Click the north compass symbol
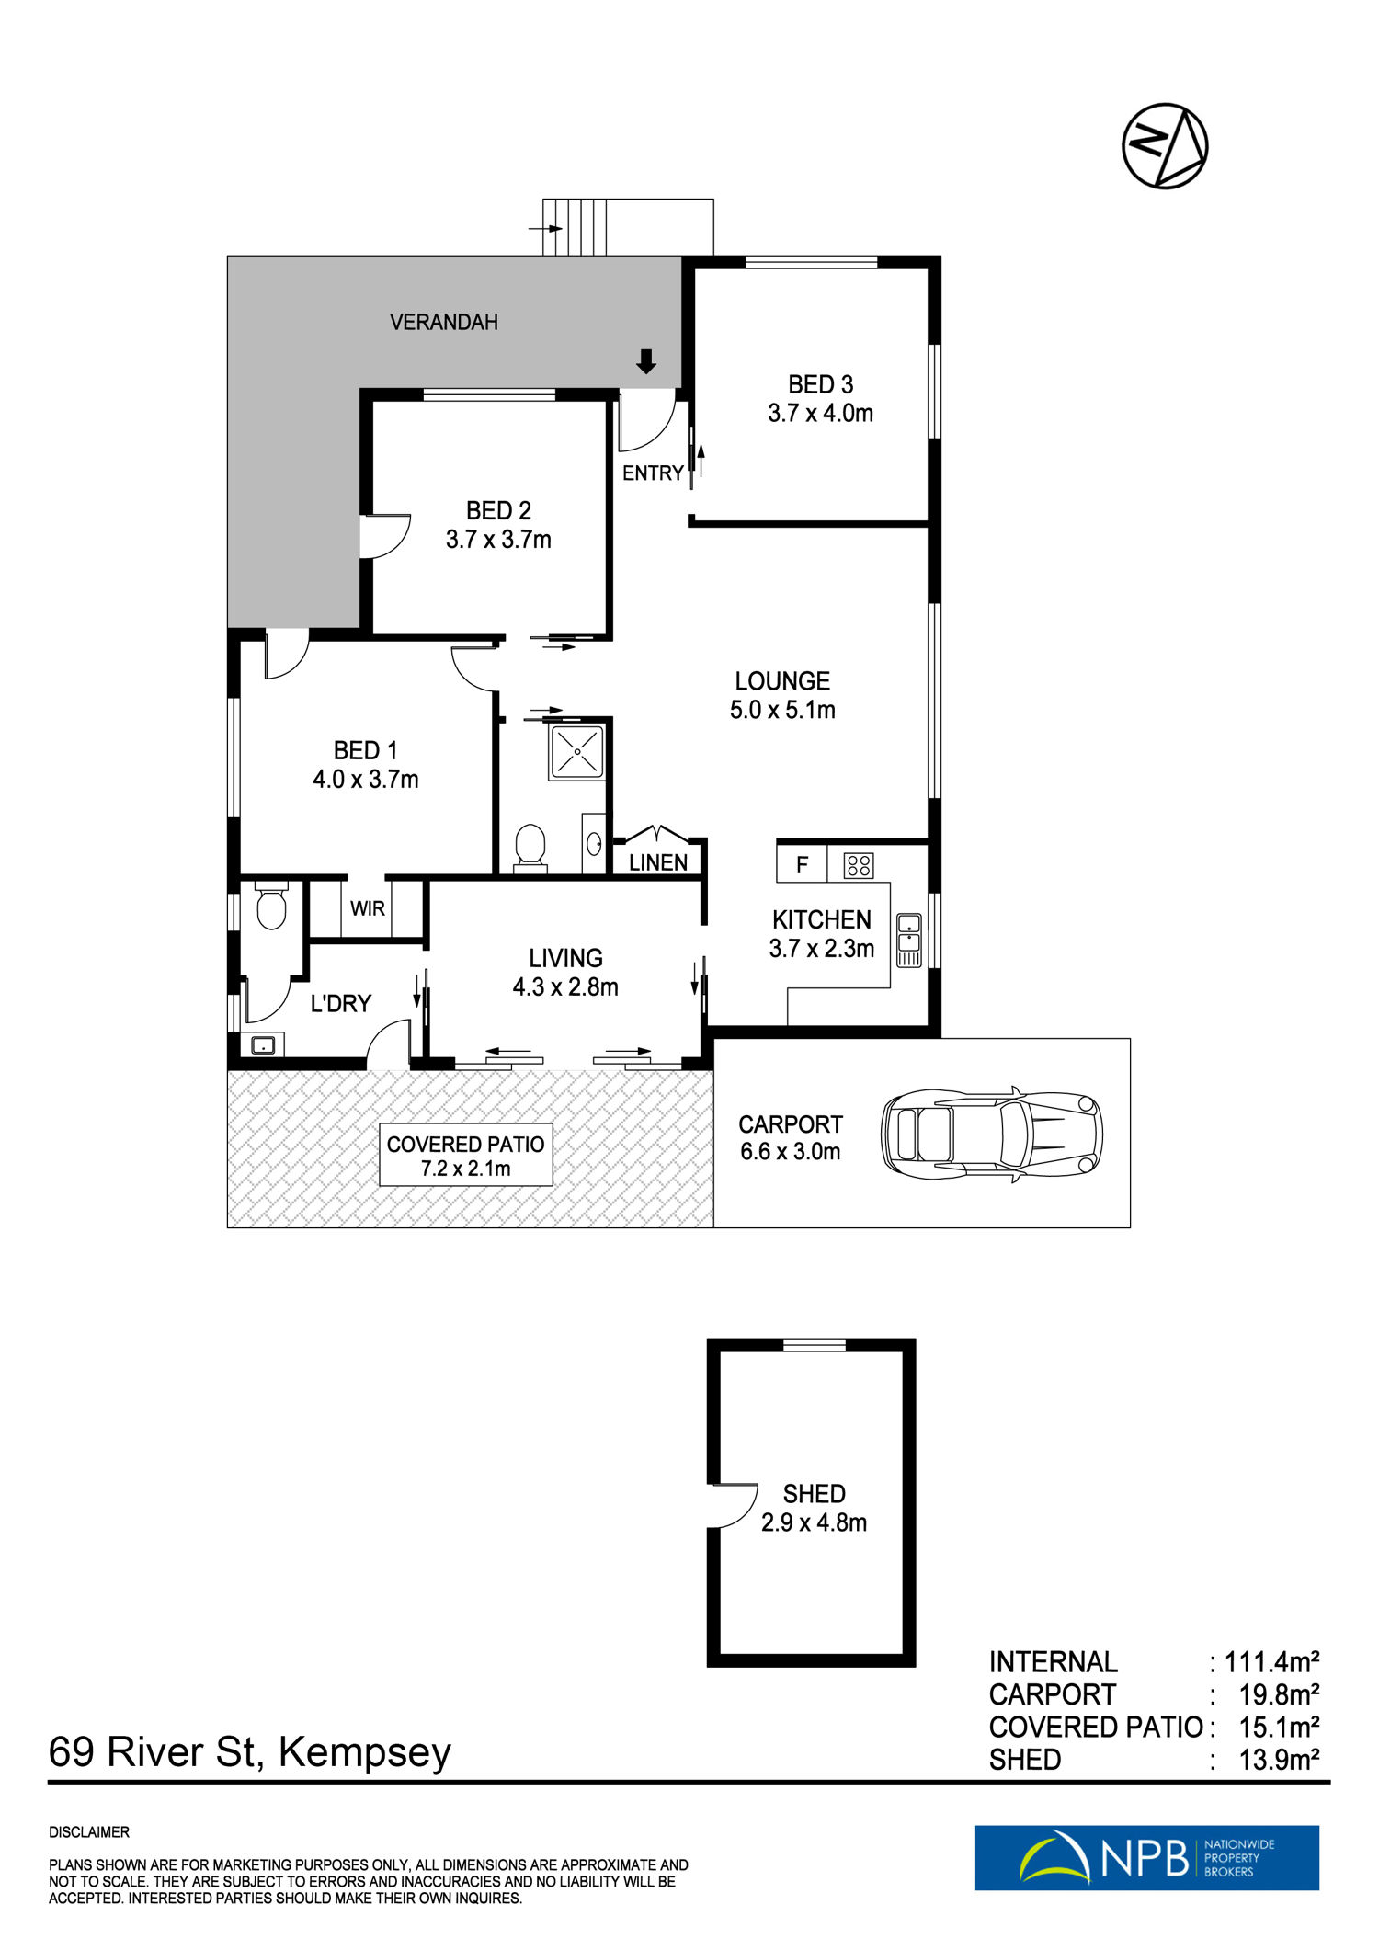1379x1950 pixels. coord(1165,146)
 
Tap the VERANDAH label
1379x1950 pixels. coord(444,323)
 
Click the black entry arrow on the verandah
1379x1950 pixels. coord(646,361)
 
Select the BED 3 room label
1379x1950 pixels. coord(821,384)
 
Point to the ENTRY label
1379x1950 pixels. coord(653,473)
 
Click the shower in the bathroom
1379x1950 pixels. coord(576,753)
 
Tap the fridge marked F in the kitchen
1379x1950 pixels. coord(802,864)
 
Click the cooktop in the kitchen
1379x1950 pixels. coord(859,865)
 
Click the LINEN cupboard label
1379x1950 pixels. coord(658,862)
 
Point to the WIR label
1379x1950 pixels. coord(368,908)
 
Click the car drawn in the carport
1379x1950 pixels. coord(992,1134)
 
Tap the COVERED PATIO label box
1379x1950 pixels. coord(466,1156)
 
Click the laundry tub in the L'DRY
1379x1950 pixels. coord(263,1045)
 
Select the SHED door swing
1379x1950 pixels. coord(735,1505)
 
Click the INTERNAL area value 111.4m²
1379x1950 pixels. coord(1272,1662)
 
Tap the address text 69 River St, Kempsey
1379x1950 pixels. coord(250,1751)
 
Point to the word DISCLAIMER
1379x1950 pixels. coord(89,1832)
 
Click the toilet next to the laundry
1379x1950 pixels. coord(271,907)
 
